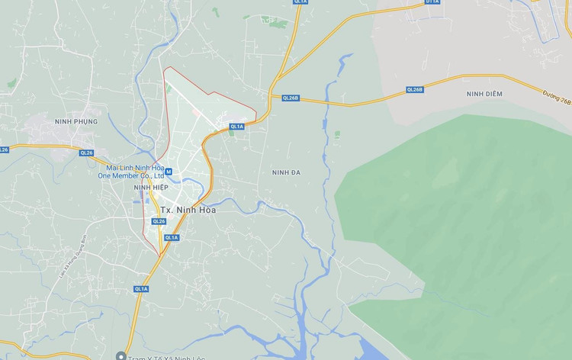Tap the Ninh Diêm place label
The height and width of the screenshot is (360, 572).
pyautogui.click(x=484, y=93)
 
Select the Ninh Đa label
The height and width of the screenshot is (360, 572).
pyautogui.click(x=286, y=172)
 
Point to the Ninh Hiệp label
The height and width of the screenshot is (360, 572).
pyautogui.click(x=150, y=187)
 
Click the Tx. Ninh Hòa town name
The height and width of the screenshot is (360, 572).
pyautogui.click(x=187, y=209)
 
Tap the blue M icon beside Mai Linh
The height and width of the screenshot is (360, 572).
pyautogui.click(x=169, y=172)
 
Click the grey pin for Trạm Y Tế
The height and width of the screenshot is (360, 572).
pyautogui.click(x=121, y=355)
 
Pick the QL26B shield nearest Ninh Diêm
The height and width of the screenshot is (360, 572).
pyautogui.click(x=414, y=89)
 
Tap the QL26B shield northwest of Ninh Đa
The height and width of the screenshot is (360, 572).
pyautogui.click(x=291, y=98)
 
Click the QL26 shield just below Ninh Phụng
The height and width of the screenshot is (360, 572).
pyautogui.click(x=86, y=153)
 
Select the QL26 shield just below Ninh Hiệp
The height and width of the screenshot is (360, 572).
pyautogui.click(x=159, y=221)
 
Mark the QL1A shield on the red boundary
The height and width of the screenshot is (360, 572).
pyautogui.click(x=236, y=127)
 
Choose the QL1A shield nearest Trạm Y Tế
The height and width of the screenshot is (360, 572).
pyautogui.click(x=141, y=288)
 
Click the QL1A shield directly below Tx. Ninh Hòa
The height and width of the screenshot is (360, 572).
pyautogui.click(x=172, y=237)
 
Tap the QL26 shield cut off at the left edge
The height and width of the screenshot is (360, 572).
pyautogui.click(x=3, y=149)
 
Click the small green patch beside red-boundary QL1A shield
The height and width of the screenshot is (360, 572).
pyautogui.click(x=230, y=133)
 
